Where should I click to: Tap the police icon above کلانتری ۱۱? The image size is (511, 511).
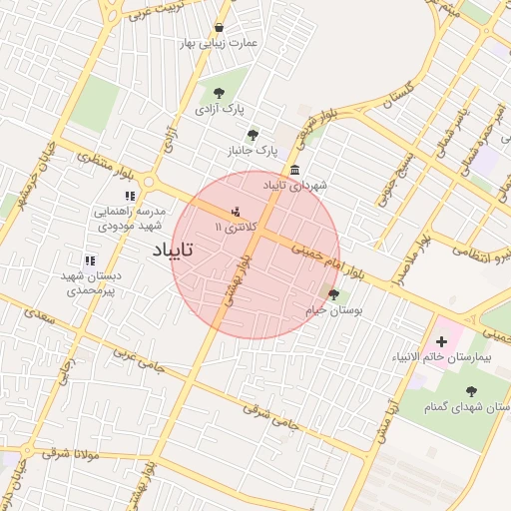tap(236, 212)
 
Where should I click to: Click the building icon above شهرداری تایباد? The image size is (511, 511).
tap(293, 170)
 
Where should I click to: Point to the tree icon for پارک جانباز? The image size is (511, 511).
tap(253, 134)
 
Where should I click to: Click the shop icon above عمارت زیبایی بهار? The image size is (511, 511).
tap(220, 27)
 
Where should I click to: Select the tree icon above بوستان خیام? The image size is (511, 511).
tap(333, 294)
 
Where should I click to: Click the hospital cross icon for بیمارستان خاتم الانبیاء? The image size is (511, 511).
tap(441, 342)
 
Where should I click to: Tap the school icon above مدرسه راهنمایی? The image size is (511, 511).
tap(129, 196)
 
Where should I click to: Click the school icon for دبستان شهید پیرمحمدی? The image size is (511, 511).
tap(90, 259)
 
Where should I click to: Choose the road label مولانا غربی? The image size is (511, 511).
tap(69, 453)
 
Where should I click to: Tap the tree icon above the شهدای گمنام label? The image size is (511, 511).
tap(472, 391)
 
